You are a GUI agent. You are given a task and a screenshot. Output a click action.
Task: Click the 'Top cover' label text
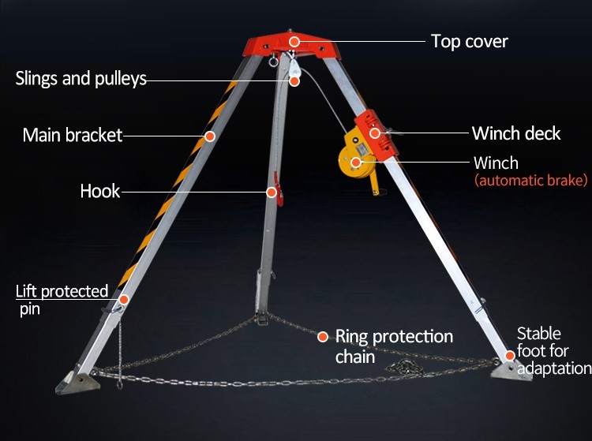[x=470, y=42]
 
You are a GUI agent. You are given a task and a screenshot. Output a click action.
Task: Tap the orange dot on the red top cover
[x=294, y=42]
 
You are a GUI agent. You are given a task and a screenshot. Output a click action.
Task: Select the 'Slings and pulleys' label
[x=81, y=78]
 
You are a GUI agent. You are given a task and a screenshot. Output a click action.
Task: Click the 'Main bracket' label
[x=73, y=135]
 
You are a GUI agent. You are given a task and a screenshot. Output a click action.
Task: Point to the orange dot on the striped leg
[x=210, y=136]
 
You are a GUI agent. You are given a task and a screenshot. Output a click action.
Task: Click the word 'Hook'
[x=100, y=191]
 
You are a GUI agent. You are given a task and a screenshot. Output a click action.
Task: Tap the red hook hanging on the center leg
[x=279, y=189]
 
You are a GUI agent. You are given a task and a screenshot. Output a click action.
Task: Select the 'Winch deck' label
[x=516, y=133]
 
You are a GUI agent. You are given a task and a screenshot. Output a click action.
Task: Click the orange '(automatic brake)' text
[x=531, y=181]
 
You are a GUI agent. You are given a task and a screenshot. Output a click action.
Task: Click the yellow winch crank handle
[x=374, y=184]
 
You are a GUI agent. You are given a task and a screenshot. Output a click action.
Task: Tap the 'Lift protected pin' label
[x=62, y=300]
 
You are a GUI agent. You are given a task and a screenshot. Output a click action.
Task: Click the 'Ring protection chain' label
[x=394, y=346]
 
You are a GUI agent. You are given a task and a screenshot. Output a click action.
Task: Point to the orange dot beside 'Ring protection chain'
[x=323, y=337]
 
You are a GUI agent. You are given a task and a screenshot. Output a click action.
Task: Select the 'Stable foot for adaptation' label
[x=554, y=351]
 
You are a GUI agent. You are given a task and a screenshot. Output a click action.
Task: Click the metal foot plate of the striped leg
[x=78, y=382]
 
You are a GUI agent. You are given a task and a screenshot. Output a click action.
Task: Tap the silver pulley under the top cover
[x=294, y=69]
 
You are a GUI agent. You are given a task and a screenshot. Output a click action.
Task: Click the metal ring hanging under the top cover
[x=273, y=61]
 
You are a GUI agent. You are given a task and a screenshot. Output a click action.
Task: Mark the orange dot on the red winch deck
[x=375, y=133]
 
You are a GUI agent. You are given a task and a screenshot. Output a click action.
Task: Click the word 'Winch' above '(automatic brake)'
[x=496, y=163]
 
